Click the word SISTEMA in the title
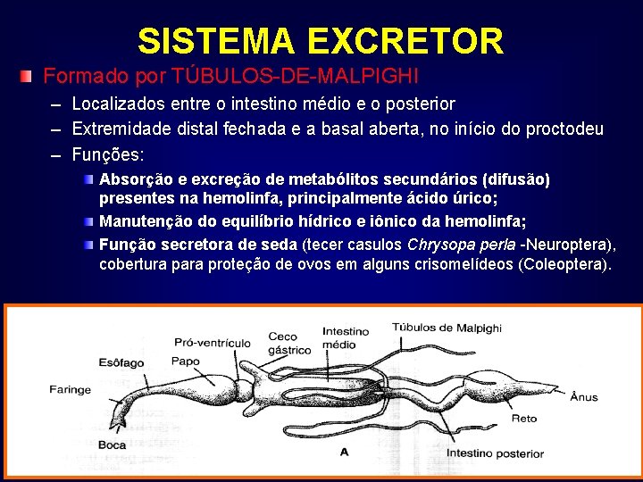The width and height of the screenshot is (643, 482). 216,41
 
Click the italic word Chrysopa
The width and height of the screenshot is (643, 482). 438,245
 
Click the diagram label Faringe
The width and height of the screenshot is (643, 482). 70,389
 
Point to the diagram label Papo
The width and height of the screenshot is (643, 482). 186,361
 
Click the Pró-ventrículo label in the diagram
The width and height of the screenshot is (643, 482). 213,342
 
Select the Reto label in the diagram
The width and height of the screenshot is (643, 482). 523,418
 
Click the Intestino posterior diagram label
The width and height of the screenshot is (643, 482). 495,453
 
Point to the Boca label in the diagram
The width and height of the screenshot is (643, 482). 113,445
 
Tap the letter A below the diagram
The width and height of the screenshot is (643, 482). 345,452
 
